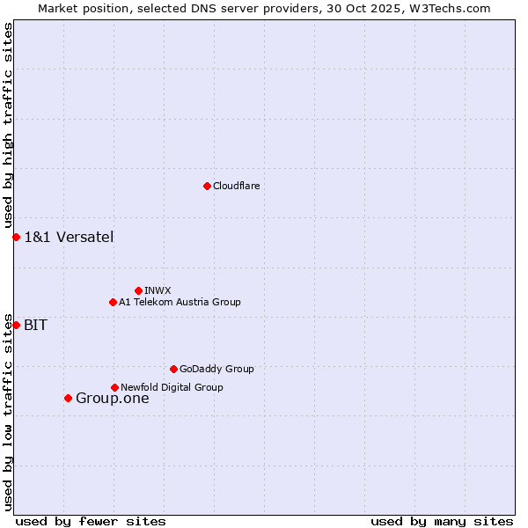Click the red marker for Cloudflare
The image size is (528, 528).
[x=207, y=186]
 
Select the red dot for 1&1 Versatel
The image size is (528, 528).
[x=16, y=237]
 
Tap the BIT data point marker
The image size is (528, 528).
[x=16, y=325]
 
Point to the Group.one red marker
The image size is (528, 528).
[x=68, y=398]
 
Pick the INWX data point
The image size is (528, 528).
[x=138, y=290]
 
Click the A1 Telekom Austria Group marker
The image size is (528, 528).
[x=113, y=302]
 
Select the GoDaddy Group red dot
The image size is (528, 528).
[x=173, y=369]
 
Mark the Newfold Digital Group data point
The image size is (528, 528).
[x=114, y=387]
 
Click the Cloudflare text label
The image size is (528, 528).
[x=237, y=186]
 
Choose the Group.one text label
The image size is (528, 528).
[x=112, y=399]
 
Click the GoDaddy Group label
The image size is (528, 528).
[x=216, y=369]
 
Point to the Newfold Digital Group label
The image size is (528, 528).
[x=172, y=387]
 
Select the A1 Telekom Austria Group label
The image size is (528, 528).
[x=180, y=302]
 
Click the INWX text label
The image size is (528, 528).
[x=158, y=290]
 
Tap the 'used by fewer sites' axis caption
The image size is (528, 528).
[x=91, y=521]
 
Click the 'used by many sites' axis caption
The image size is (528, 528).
[x=442, y=521]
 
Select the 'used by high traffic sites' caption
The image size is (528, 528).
[x=8, y=126]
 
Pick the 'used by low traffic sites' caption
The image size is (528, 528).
[x=8, y=411]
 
